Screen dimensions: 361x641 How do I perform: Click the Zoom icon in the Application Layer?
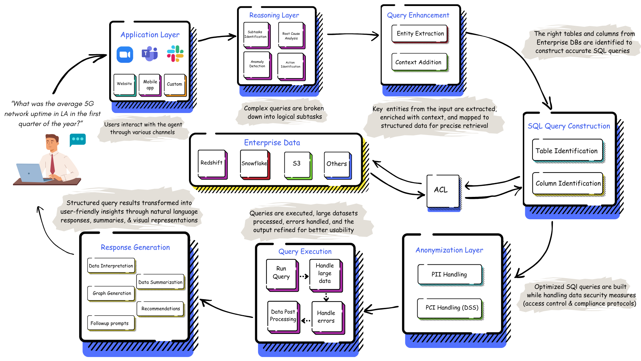click(125, 54)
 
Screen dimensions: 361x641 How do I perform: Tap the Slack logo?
click(175, 54)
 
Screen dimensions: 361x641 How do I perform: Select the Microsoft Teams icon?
click(150, 54)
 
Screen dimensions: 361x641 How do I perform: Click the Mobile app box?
click(150, 85)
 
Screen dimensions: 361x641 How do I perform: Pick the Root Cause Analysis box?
click(291, 36)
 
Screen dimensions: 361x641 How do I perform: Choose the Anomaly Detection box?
click(257, 65)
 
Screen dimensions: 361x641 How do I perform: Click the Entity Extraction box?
click(420, 34)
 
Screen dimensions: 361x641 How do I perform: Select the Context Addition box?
click(419, 62)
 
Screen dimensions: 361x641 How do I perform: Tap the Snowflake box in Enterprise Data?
click(254, 164)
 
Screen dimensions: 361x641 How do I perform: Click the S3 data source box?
click(297, 164)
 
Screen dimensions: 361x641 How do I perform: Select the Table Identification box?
click(567, 151)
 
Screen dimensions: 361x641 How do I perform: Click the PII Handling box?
click(449, 274)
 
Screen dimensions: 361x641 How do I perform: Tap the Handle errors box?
click(327, 317)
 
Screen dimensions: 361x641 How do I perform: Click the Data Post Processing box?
click(283, 316)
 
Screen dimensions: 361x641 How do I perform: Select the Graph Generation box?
click(111, 293)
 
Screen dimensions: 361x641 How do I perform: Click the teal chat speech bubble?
click(78, 139)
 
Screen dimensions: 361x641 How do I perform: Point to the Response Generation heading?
click(135, 247)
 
